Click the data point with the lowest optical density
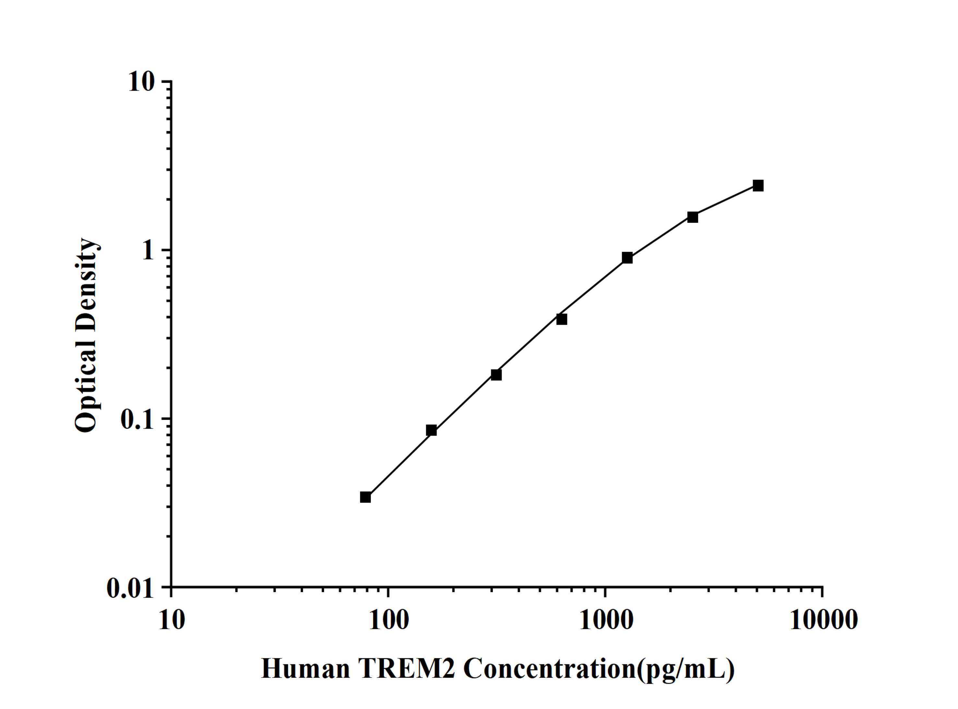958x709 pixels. click(365, 497)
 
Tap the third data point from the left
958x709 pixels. click(496, 375)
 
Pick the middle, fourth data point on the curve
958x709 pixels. click(562, 319)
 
